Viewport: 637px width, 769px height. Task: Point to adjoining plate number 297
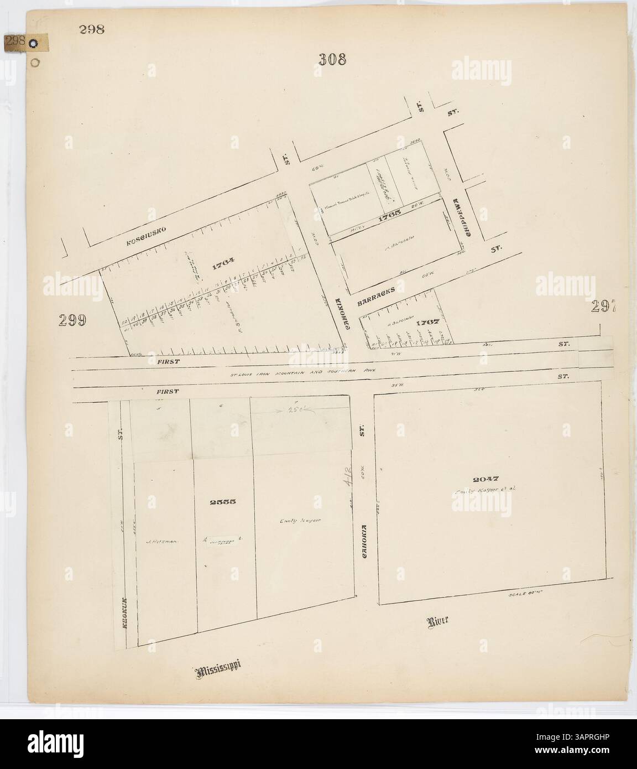pyautogui.click(x=604, y=306)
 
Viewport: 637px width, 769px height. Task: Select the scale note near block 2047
pyautogui.click(x=522, y=595)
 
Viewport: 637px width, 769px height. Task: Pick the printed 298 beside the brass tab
pyautogui.click(x=91, y=29)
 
